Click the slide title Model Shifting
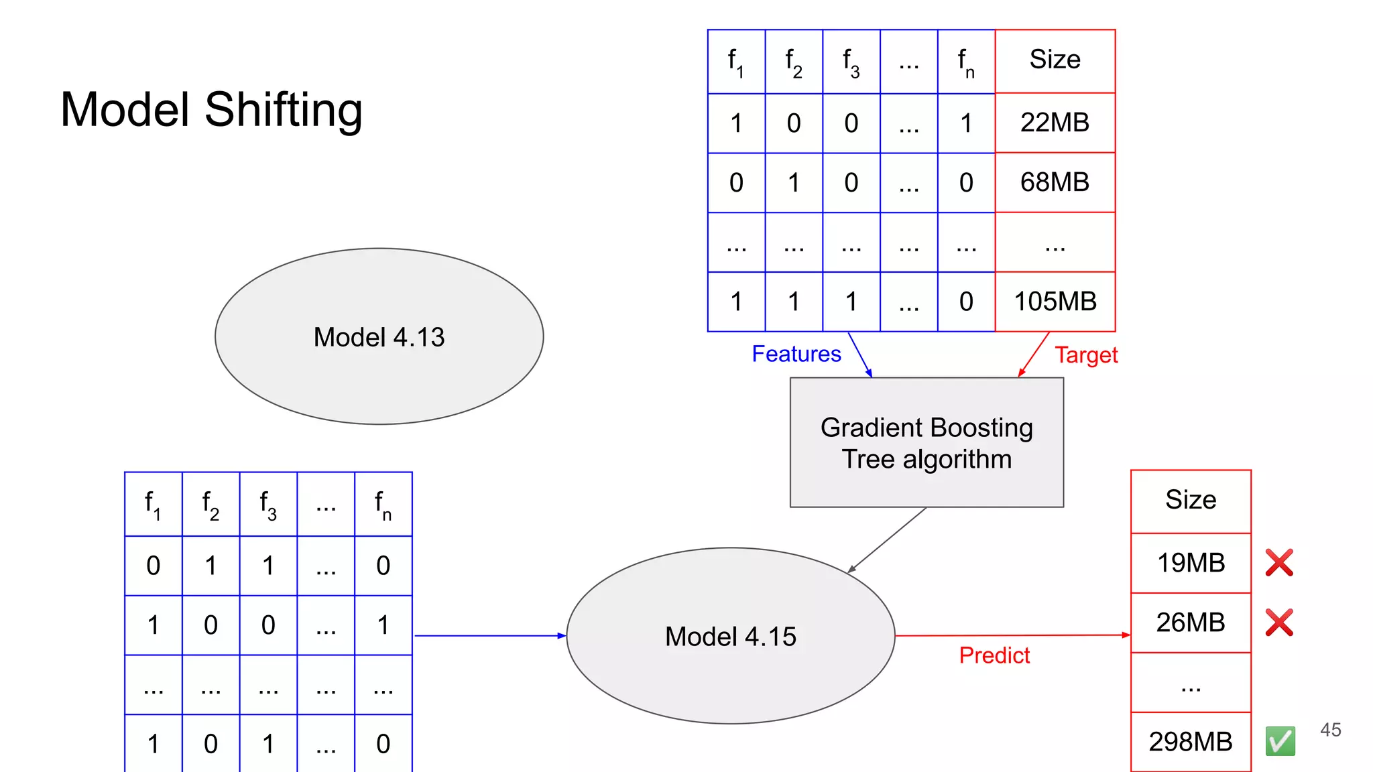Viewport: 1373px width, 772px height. pyautogui.click(x=211, y=110)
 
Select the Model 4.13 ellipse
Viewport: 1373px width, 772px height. pyautogui.click(x=379, y=336)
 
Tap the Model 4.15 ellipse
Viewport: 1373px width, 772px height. pyautogui.click(x=730, y=636)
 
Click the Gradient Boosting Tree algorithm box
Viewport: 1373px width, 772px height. pyautogui.click(x=927, y=443)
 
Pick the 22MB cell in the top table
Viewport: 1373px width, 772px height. pyautogui.click(x=1055, y=123)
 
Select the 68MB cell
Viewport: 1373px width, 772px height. pyautogui.click(x=1055, y=182)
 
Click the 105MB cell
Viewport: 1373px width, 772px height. pyautogui.click(x=1055, y=302)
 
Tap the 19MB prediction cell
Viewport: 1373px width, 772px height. pyautogui.click(x=1191, y=563)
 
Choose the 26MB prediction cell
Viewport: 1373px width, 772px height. pyautogui.click(x=1191, y=623)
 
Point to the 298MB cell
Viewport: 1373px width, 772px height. pyautogui.click(x=1191, y=742)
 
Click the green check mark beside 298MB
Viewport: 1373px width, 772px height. pyautogui.click(x=1280, y=741)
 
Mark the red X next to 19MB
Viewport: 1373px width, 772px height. pyautogui.click(x=1279, y=563)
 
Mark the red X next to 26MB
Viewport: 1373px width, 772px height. pyautogui.click(x=1279, y=623)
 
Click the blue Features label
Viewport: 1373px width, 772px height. pyautogui.click(x=796, y=354)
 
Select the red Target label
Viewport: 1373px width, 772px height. pyautogui.click(x=1086, y=355)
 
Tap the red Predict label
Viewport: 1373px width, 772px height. pyautogui.click(x=994, y=655)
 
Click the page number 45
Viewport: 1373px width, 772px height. pyautogui.click(x=1330, y=730)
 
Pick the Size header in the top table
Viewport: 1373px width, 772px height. pyautogui.click(x=1055, y=60)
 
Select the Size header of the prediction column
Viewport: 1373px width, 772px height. pyautogui.click(x=1191, y=500)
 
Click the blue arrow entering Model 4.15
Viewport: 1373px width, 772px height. pyautogui.click(x=489, y=635)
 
